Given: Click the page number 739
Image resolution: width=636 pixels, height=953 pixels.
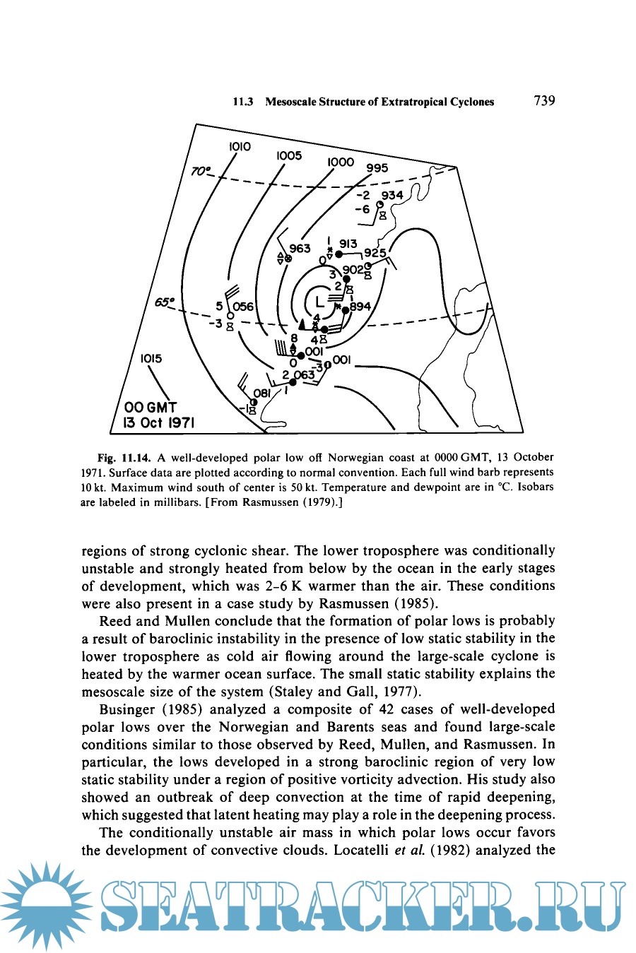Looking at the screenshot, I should click(544, 100).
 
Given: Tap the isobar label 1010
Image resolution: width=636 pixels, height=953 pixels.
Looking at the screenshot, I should click(240, 146).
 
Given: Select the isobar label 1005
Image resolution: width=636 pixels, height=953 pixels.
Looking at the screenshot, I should click(289, 155).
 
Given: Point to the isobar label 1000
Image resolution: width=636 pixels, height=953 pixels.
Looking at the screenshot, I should click(340, 162).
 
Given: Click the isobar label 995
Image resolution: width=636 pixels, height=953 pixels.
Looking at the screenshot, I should click(377, 168).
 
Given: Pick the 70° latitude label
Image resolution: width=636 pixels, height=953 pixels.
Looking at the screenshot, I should click(201, 171).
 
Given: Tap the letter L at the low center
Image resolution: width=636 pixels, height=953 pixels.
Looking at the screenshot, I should click(319, 300).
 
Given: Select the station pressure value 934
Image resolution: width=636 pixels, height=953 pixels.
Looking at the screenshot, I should click(392, 195).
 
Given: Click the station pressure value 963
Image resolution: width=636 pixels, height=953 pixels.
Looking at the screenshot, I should click(300, 249).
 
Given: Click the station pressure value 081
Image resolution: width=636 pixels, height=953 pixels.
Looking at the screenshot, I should click(261, 393).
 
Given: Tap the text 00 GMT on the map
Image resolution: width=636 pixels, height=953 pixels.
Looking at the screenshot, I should click(151, 408).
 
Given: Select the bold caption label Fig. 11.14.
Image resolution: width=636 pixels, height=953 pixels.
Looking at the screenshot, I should click(124, 457).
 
